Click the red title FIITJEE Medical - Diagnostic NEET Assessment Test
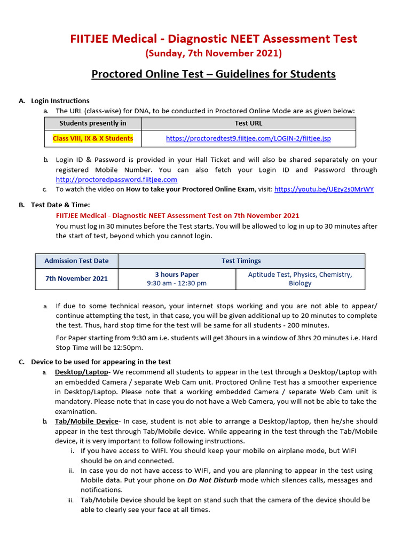tap(214, 38)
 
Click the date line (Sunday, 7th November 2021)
tap(214, 53)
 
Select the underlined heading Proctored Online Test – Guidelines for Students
tap(214, 74)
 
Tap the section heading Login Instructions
tap(60, 100)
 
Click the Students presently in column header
tap(93, 123)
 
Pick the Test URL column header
tap(248, 123)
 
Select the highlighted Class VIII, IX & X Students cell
tap(93, 138)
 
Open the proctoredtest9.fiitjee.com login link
tap(248, 138)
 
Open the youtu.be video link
tap(324, 189)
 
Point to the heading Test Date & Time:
tap(60, 205)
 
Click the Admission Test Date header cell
tap(76, 261)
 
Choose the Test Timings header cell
tap(241, 261)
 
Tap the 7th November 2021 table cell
tap(76, 278)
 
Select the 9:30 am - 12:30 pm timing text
tap(177, 283)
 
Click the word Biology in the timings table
tap(300, 283)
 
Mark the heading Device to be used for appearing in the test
tap(101, 362)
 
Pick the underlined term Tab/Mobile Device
tap(86, 421)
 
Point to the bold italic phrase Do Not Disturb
tap(212, 480)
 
